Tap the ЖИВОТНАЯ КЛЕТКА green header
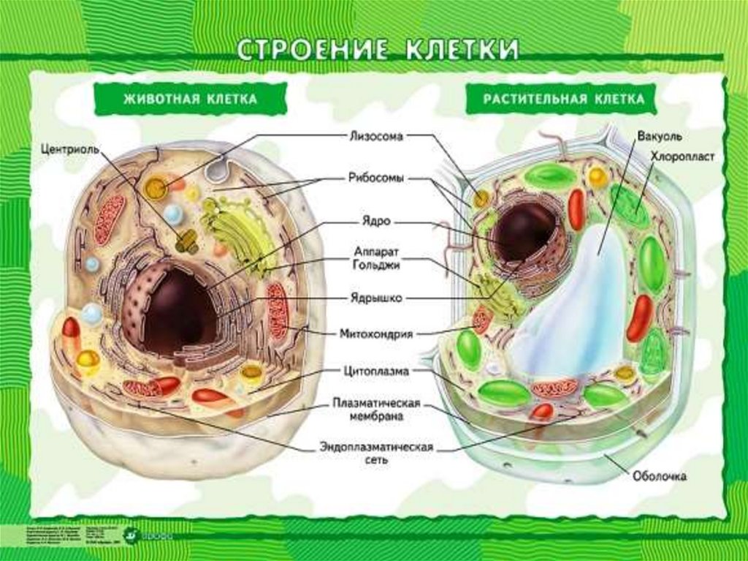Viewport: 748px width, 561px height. click(x=179, y=99)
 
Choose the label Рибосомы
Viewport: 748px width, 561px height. click(x=375, y=178)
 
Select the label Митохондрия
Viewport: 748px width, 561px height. click(x=375, y=334)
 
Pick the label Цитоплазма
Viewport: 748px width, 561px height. click(x=375, y=372)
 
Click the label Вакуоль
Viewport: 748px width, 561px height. click(x=659, y=137)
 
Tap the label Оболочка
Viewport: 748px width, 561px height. click(x=659, y=477)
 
